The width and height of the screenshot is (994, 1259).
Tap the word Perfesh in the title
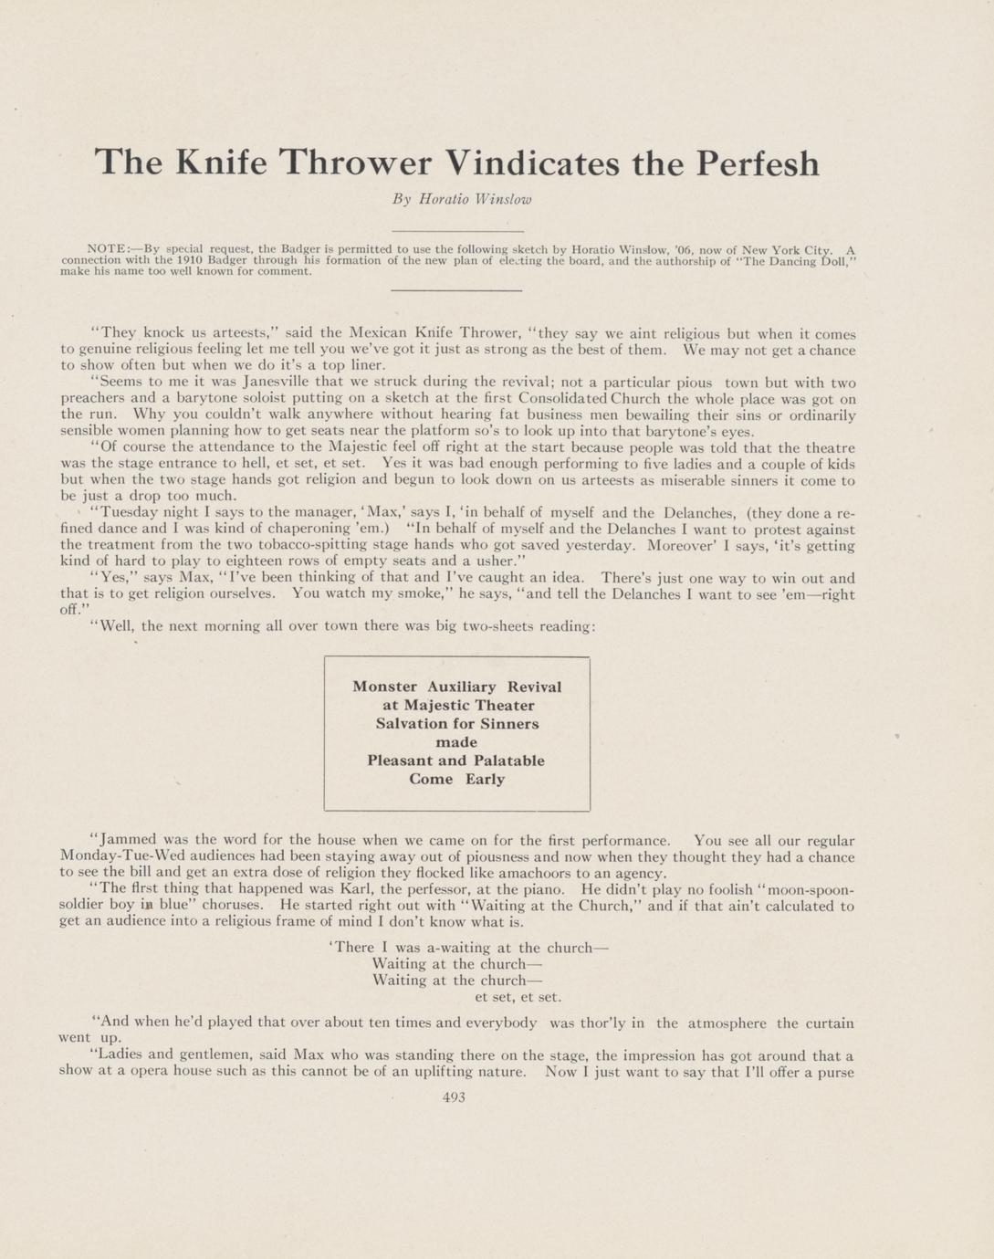[x=757, y=163]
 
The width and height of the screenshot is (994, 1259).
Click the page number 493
[x=454, y=1097]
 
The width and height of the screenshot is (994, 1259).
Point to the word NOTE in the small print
[x=105, y=248]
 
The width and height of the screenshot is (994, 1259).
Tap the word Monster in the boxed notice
[x=384, y=687]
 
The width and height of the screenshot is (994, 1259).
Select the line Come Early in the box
[x=456, y=779]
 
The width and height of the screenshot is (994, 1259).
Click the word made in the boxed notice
[x=456, y=742]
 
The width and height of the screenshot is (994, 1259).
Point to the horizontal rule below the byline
[x=456, y=232]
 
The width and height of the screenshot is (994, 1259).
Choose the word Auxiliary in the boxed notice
[x=461, y=687]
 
